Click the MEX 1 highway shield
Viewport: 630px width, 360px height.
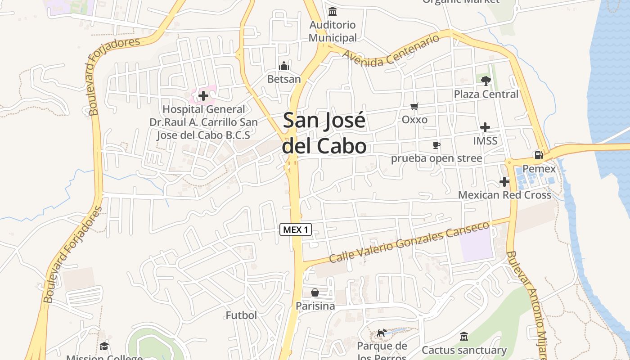(296, 229)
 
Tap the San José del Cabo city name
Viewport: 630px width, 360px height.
(324, 133)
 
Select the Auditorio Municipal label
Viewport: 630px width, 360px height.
(333, 31)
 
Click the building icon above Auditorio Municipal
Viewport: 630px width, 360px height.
(333, 11)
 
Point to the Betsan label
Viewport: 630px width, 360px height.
(283, 79)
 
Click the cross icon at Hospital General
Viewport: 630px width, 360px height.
(203, 96)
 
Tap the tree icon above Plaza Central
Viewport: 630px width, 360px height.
(486, 81)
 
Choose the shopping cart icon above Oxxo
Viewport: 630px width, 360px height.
(414, 107)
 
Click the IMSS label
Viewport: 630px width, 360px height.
(485, 141)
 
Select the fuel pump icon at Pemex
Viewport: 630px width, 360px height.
(539, 155)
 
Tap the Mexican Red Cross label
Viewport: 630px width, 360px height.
(504, 195)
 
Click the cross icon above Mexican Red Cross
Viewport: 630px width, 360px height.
(504, 182)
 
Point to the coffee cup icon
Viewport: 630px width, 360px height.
(436, 145)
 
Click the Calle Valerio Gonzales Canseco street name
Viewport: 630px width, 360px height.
(409, 243)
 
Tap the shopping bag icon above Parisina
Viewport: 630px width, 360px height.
(315, 292)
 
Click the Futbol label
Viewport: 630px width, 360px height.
(241, 315)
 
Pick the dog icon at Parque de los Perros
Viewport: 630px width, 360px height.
(382, 333)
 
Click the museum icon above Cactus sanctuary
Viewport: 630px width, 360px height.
(464, 337)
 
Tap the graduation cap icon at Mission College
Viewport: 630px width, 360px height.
(104, 346)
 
